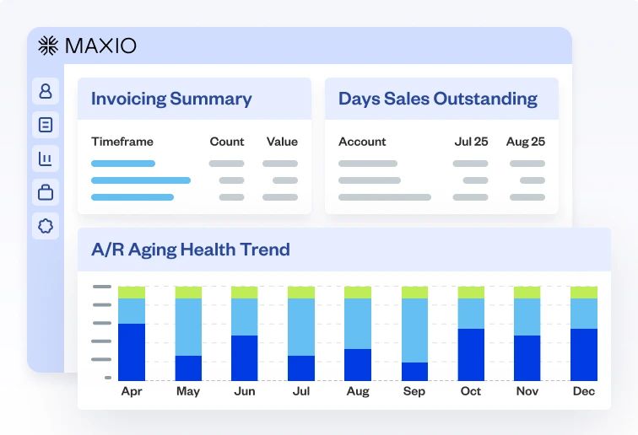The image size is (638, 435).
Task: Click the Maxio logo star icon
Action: click(48, 46)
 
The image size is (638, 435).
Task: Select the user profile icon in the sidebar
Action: click(46, 90)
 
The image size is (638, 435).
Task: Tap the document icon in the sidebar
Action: click(46, 125)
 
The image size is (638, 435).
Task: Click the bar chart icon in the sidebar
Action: click(46, 158)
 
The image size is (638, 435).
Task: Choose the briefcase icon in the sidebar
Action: click(46, 192)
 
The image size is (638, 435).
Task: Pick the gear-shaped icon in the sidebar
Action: click(46, 226)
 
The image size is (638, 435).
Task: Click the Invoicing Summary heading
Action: click(171, 99)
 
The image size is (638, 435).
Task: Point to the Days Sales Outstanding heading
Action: click(437, 99)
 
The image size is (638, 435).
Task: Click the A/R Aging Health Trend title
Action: click(190, 250)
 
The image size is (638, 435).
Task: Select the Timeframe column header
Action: click(122, 142)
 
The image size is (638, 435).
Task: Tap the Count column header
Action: click(227, 142)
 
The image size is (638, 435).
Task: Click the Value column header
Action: click(282, 142)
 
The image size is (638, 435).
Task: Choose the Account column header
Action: click(362, 142)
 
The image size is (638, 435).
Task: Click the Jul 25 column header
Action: click(471, 142)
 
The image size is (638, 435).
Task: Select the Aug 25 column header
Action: click(525, 142)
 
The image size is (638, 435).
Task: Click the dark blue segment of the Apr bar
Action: click(132, 352)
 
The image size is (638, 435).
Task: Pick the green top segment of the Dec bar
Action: click(584, 293)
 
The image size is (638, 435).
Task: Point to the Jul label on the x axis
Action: click(301, 391)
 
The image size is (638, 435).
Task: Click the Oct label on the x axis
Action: click(471, 391)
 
